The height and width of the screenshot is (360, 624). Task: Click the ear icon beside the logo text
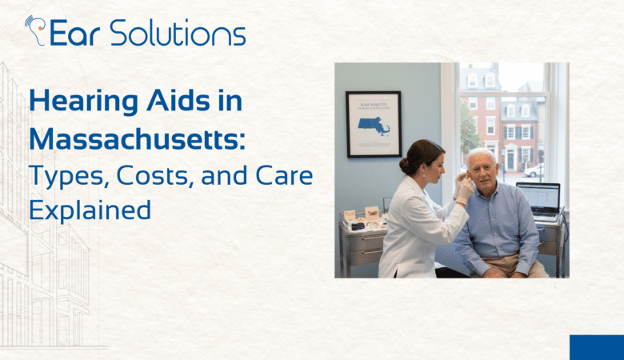coord(37,30)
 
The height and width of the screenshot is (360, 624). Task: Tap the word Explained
coord(90,210)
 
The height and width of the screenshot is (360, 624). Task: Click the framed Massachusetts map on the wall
coord(373,124)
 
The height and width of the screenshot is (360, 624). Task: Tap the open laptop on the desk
coord(537,200)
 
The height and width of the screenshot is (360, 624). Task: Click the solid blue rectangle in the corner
coord(596,347)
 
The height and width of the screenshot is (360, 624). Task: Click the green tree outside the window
coord(469,128)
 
